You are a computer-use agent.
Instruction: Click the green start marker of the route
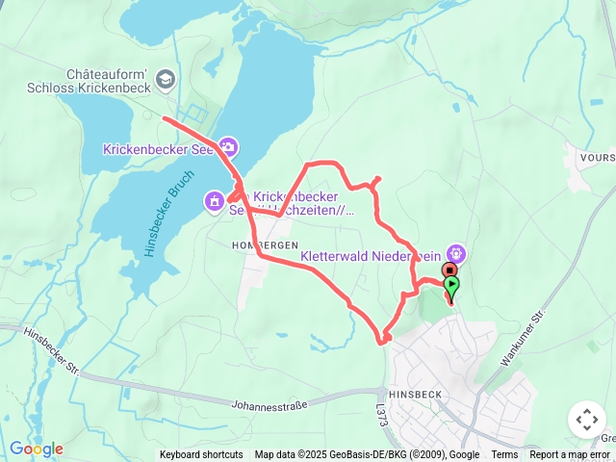451,285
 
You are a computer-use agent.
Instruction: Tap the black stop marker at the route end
449,270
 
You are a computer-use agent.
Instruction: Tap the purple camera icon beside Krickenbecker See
228,147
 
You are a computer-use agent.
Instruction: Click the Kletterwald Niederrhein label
371,257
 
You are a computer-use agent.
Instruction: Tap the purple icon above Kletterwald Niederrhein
455,253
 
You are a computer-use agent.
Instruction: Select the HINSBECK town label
415,395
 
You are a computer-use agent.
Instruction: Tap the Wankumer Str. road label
523,338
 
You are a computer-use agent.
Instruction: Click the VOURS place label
597,156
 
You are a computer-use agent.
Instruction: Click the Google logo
36,449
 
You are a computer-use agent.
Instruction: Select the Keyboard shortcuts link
201,455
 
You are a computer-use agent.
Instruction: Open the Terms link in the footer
504,455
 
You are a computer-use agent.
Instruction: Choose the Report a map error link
570,455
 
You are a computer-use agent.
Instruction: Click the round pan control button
586,420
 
